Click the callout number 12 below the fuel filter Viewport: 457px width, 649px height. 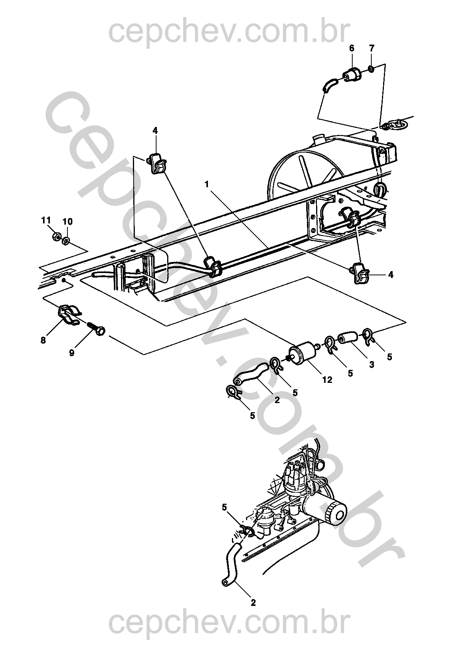327,379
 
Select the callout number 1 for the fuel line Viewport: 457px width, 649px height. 207,184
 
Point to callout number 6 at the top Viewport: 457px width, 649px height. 352,48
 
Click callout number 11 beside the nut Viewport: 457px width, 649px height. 46,220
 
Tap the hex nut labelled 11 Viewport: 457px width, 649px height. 56,237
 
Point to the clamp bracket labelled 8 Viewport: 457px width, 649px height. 69,314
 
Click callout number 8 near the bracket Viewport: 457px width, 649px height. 43,340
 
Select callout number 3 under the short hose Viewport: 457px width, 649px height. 372,365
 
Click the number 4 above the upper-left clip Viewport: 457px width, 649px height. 155,131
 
